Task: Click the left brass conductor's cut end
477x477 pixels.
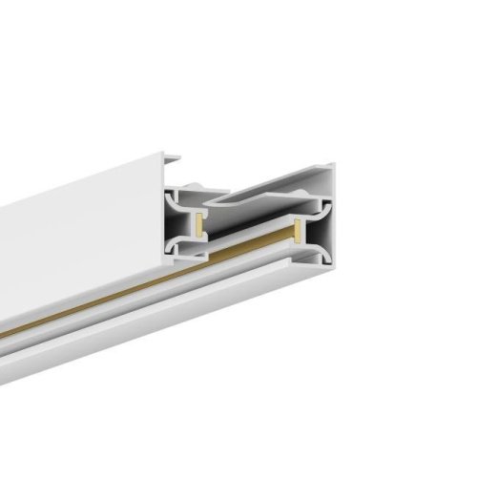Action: (x=198, y=225)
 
